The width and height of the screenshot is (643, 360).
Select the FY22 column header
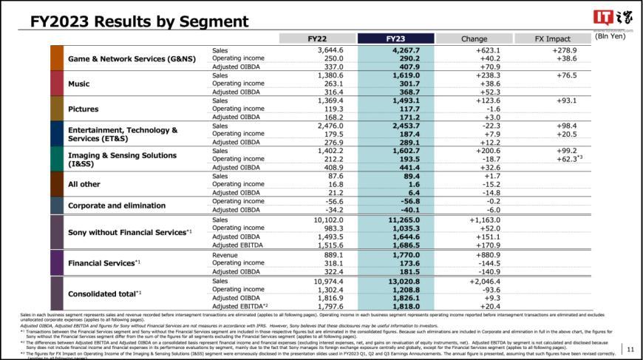318,38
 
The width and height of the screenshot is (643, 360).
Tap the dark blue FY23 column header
395,38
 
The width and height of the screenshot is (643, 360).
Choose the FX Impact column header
553,38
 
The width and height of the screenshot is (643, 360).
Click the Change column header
474,38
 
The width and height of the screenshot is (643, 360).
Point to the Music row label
79,84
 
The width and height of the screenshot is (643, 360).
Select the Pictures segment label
84,108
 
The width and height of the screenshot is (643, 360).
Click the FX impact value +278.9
564,50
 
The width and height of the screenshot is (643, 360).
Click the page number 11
630,348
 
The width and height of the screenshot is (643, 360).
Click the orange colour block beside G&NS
57,58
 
